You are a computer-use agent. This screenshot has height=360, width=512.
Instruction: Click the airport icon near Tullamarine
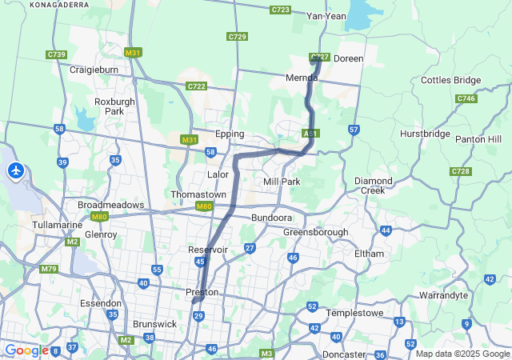click(16, 170)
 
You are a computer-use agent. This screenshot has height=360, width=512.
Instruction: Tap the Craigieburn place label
click(95, 70)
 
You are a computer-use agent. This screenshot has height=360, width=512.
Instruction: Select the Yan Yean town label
click(326, 16)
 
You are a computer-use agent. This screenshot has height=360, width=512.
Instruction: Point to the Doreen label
click(348, 58)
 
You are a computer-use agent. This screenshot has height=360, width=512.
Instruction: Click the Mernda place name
click(302, 78)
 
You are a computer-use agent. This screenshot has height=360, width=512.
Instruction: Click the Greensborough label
click(315, 232)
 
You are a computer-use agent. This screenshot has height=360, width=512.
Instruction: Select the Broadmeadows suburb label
click(110, 205)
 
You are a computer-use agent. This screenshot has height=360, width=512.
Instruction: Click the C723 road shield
click(280, 10)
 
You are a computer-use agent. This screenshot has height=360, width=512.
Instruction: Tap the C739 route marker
click(56, 54)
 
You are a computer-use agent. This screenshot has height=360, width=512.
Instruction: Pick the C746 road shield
click(466, 98)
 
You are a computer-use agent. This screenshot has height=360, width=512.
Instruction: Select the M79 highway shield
click(49, 269)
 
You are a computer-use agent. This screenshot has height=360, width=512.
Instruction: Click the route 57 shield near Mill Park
click(354, 129)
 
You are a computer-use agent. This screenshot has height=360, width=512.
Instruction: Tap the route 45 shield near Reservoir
click(200, 262)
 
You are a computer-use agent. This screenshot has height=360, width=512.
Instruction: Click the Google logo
click(26, 350)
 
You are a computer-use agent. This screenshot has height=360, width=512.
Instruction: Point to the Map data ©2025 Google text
click(462, 354)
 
